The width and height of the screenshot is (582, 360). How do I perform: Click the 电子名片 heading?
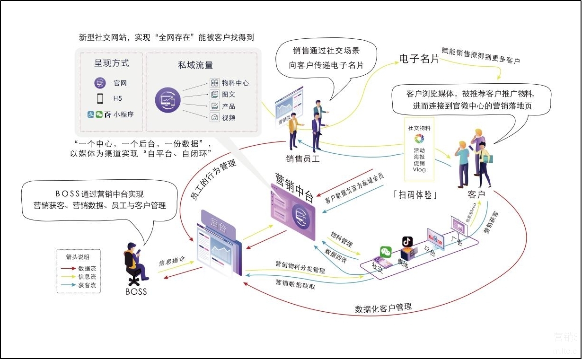click(x=419, y=59)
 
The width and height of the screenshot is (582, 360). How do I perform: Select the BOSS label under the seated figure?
click(x=136, y=291)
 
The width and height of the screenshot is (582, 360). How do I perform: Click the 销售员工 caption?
click(x=303, y=159)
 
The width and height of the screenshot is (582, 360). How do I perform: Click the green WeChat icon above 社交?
click(x=387, y=252)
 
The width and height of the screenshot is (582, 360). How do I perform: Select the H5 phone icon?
click(x=100, y=98)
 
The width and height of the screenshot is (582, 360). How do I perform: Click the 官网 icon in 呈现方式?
click(x=100, y=83)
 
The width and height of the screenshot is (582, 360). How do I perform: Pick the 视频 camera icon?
click(x=214, y=117)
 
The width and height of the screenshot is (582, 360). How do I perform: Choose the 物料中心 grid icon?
click(x=214, y=83)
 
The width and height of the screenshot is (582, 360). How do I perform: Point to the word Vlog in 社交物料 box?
click(x=419, y=169)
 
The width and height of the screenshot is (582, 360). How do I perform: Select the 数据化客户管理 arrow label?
click(x=383, y=308)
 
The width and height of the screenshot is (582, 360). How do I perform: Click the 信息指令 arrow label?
click(x=171, y=261)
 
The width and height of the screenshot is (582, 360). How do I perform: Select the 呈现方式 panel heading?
click(x=111, y=63)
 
